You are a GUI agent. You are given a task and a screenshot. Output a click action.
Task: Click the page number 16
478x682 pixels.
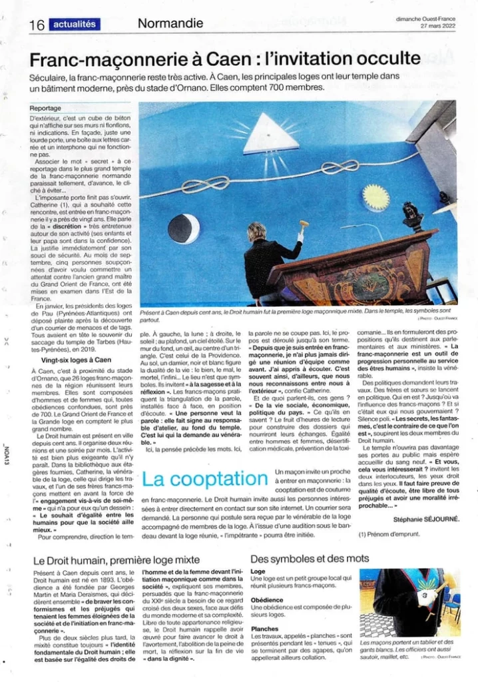pyautogui.click(x=36, y=25)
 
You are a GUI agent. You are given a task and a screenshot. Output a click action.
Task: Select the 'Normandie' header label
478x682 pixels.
pyautogui.click(x=170, y=24)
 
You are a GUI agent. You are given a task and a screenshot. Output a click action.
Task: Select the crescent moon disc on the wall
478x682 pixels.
pyautogui.click(x=184, y=229)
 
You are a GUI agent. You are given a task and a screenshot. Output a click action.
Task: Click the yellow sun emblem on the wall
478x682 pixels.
pyautogui.click(x=376, y=196)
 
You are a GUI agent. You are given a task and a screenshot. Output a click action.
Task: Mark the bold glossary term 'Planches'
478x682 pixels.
pyautogui.click(x=264, y=629)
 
